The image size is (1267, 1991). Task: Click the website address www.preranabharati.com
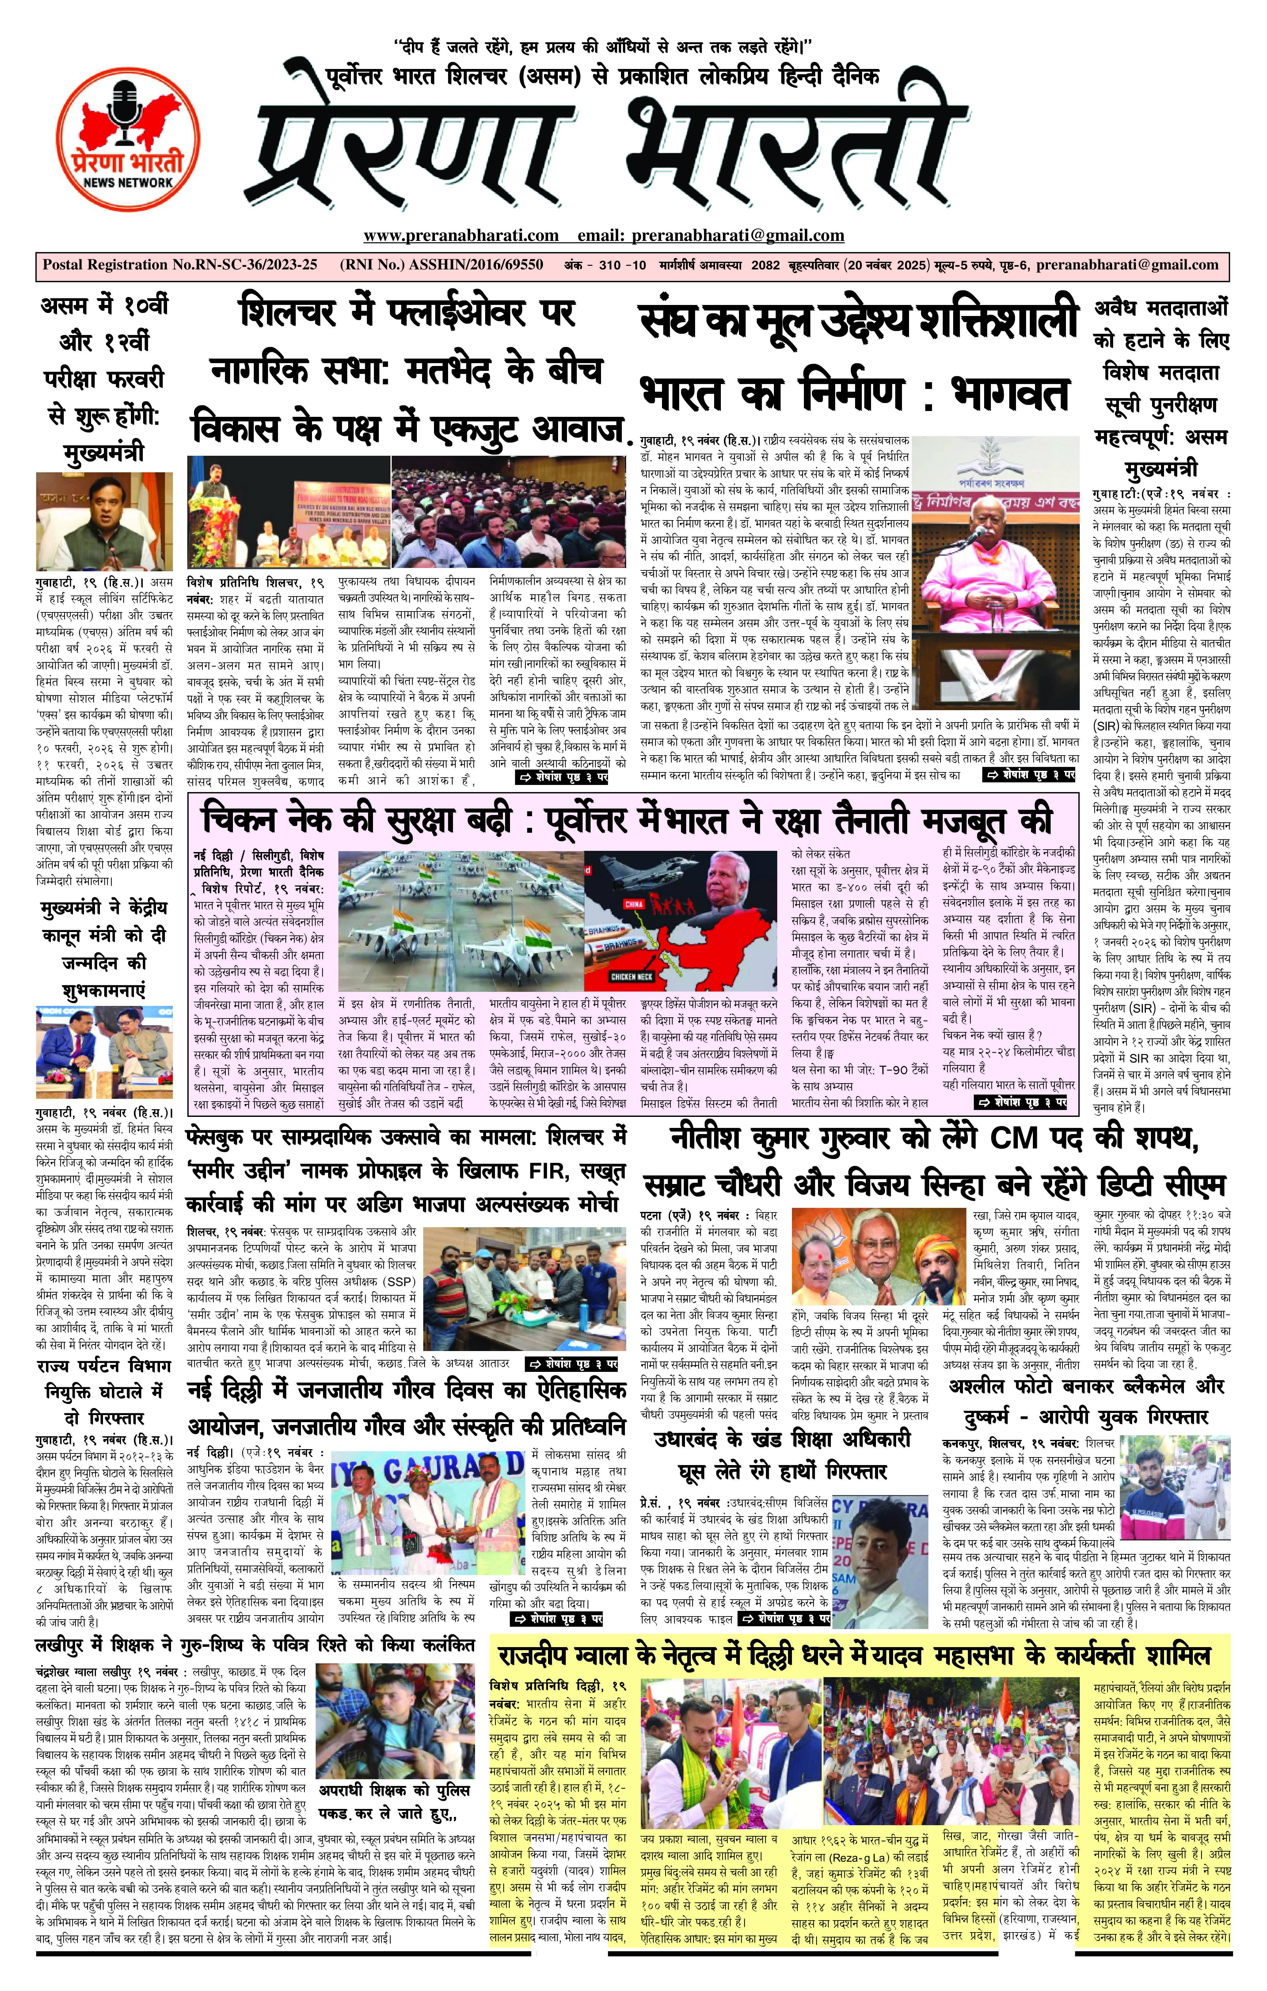(x=461, y=236)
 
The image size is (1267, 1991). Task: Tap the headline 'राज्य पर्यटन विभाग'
(x=103, y=1367)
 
